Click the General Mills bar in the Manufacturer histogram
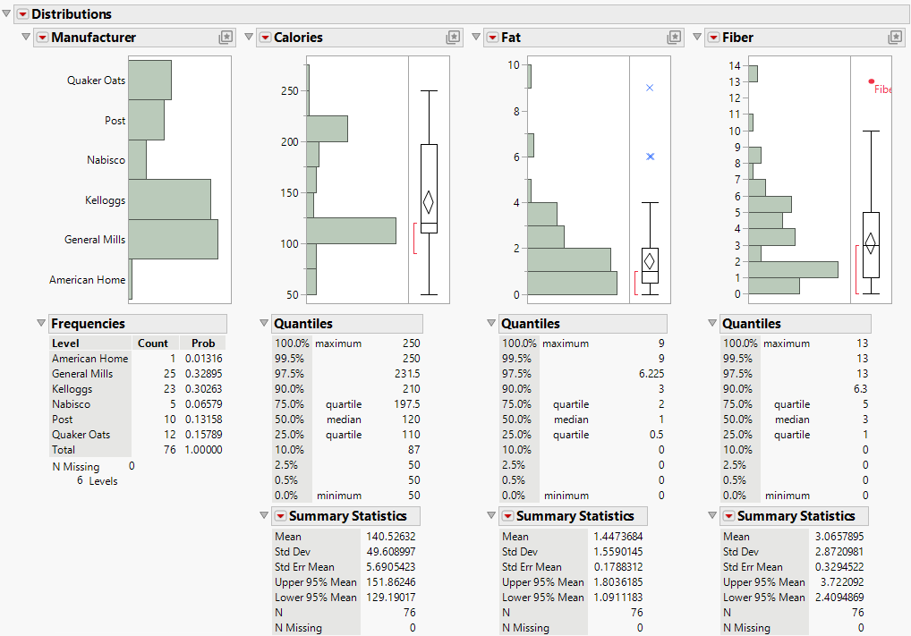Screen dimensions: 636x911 click(x=173, y=239)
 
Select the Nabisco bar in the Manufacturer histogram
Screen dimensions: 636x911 click(x=137, y=159)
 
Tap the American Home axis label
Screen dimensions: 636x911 click(x=87, y=280)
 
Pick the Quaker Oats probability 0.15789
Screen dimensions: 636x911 click(x=203, y=435)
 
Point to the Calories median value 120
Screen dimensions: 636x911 click(x=410, y=420)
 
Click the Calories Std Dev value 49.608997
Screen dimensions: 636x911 click(x=391, y=552)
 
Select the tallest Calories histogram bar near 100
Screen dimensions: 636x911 click(x=351, y=230)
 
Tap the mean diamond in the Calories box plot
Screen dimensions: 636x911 click(x=429, y=202)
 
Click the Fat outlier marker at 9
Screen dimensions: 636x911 click(x=650, y=88)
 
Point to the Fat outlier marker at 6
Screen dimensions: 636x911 click(x=650, y=157)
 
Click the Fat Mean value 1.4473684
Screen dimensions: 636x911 click(x=612, y=537)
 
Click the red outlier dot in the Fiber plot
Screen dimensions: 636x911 click(x=872, y=81)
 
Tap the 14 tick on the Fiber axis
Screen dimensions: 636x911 click(x=735, y=66)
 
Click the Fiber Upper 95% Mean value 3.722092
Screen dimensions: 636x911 click(x=837, y=582)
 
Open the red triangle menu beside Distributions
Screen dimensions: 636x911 click(x=22, y=14)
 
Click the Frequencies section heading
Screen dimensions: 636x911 click(x=88, y=324)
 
